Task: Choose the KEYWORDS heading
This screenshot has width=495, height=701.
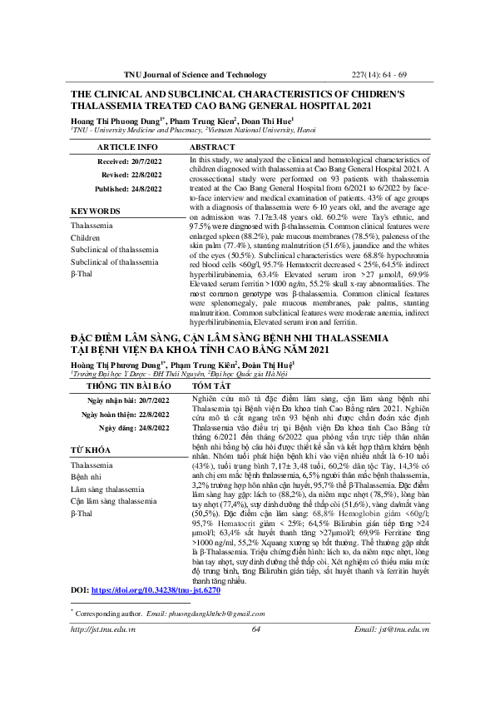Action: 96,211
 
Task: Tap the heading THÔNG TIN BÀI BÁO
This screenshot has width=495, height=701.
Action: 125,410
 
